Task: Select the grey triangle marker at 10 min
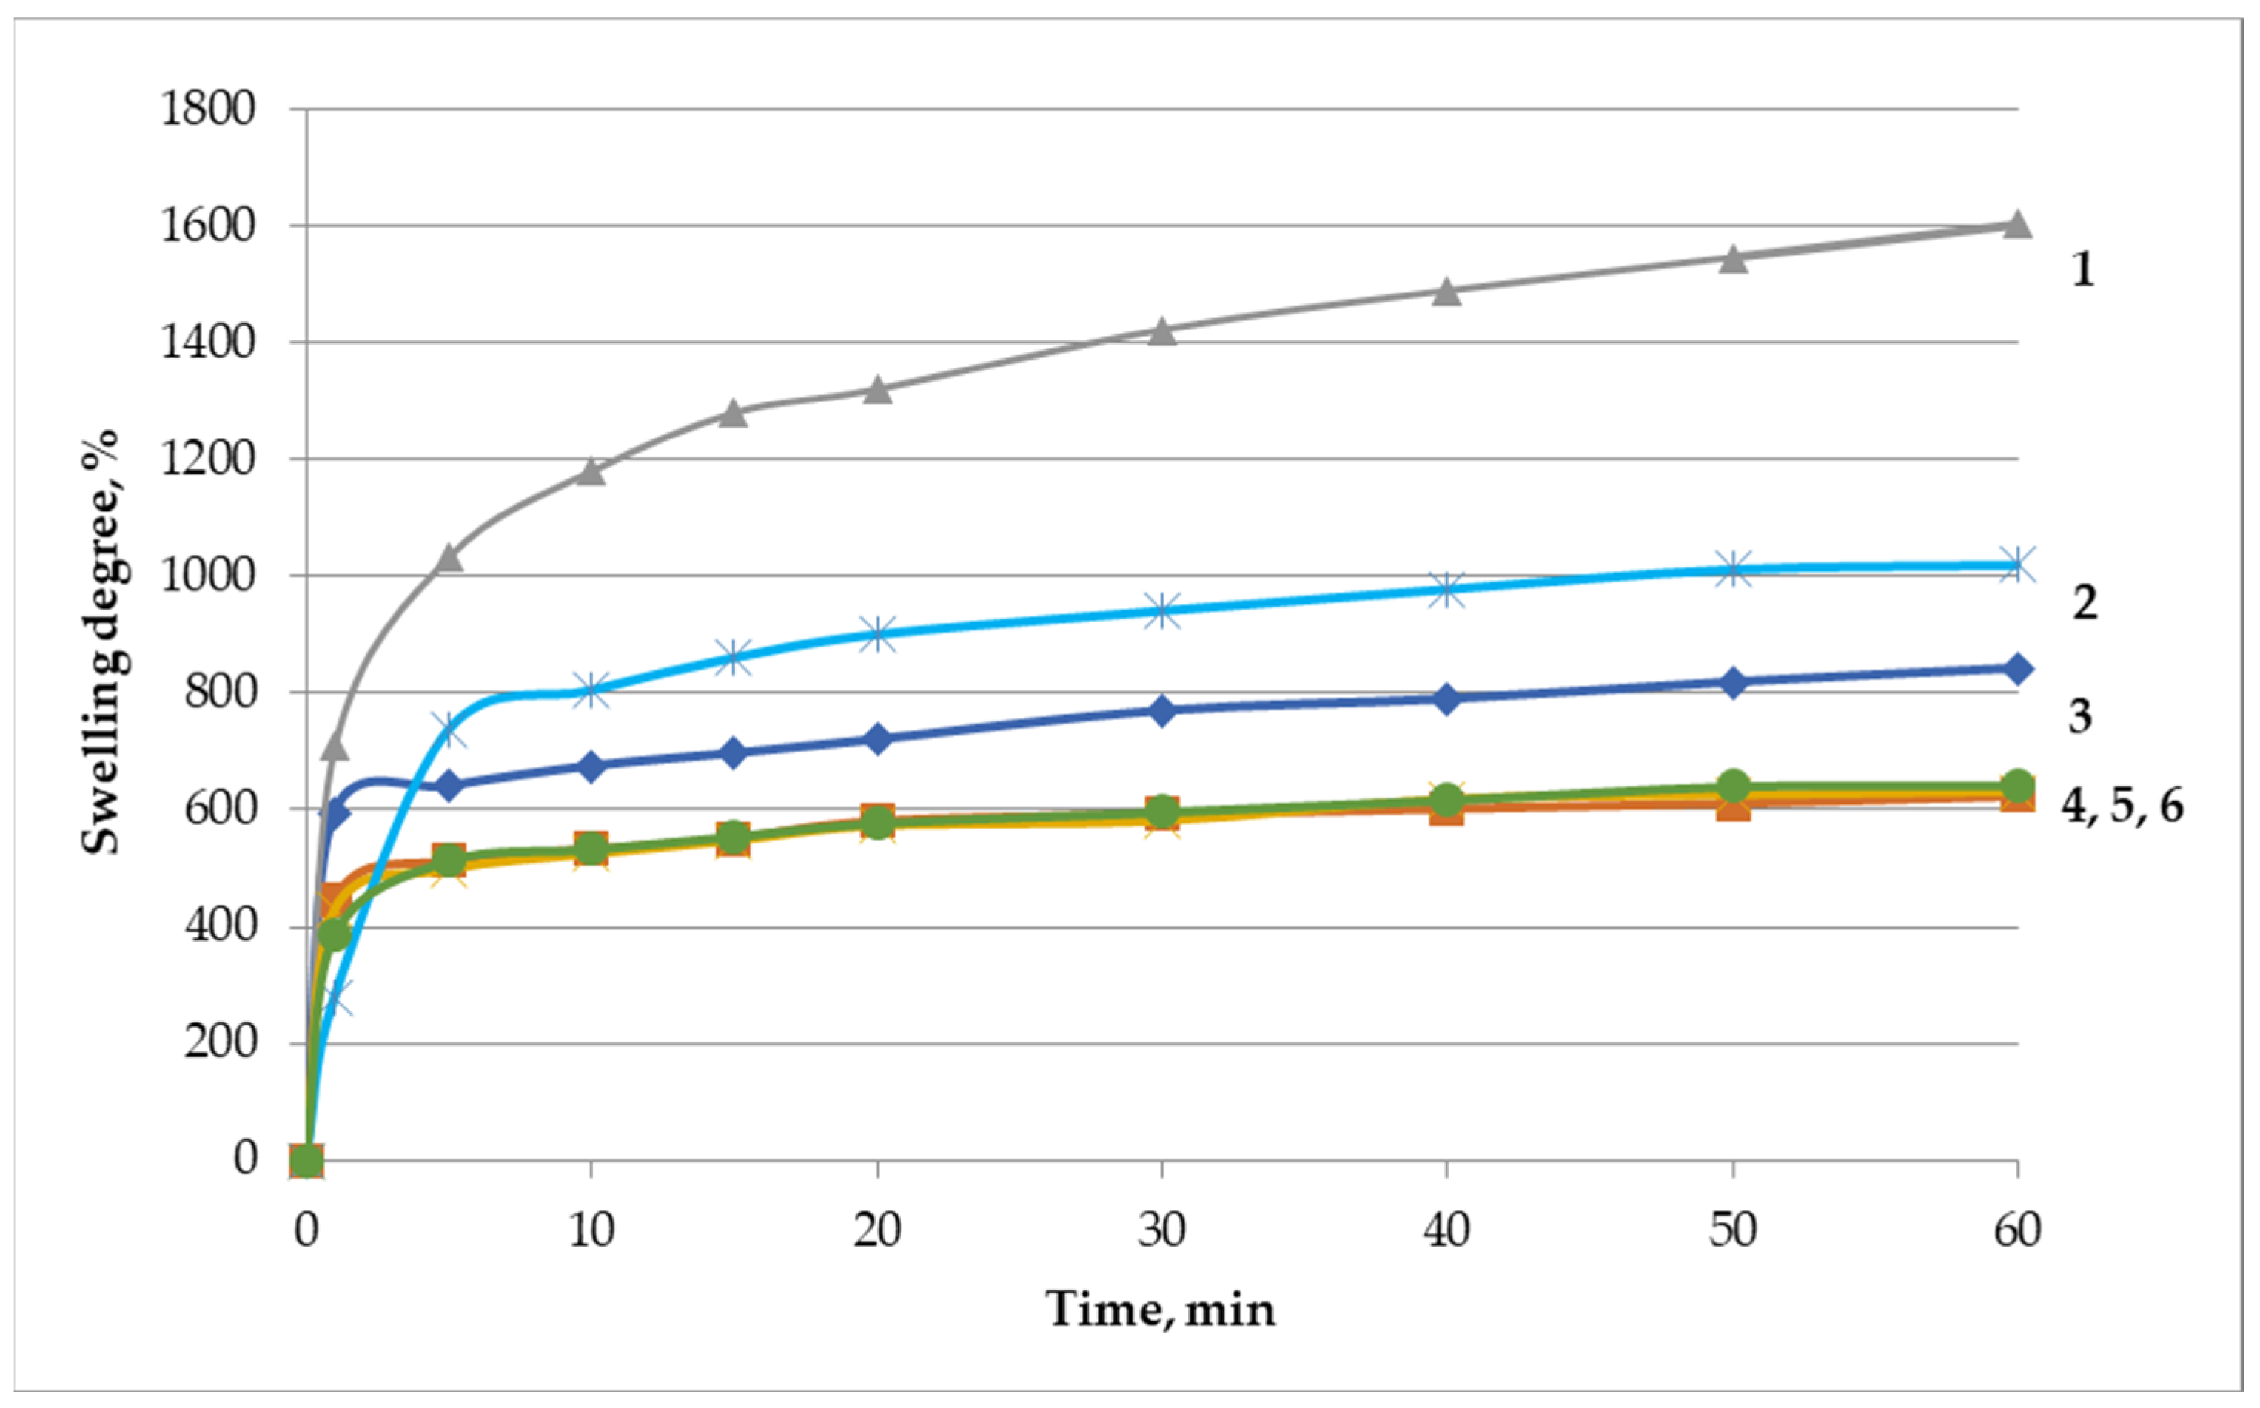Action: point(591,471)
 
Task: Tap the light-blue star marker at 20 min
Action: point(876,634)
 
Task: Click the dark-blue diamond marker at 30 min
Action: point(1161,710)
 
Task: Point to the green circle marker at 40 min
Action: point(1446,799)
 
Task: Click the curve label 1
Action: point(2082,269)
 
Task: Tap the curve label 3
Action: point(2080,716)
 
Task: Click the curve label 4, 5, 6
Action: point(2121,806)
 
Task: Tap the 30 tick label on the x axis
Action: point(1161,1231)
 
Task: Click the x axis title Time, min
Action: point(1160,1308)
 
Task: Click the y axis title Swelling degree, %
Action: point(101,642)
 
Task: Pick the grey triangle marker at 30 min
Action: point(1161,331)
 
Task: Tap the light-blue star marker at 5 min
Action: point(449,730)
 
